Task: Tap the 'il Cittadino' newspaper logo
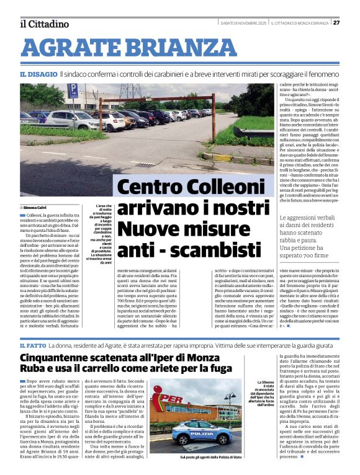44,24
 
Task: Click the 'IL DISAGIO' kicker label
38,74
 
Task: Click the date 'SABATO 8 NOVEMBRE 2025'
244,23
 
